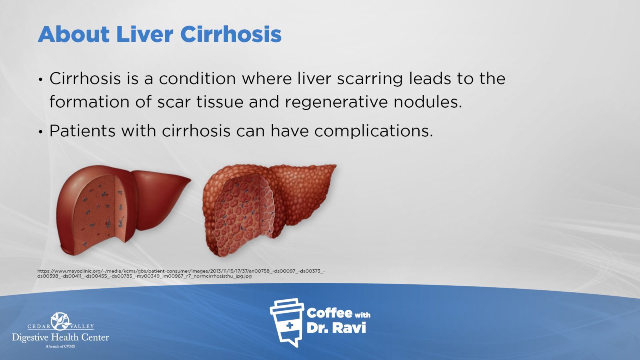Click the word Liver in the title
(x=144, y=34)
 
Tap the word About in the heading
(x=74, y=34)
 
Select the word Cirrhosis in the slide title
(x=231, y=34)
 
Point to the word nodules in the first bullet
(x=428, y=102)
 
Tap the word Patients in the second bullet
(x=82, y=130)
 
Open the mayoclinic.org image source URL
(x=181, y=274)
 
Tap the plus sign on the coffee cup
(x=290, y=326)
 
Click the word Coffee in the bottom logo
(x=329, y=313)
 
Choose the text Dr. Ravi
(x=336, y=328)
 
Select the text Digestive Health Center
(x=60, y=338)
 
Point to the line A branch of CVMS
(x=60, y=346)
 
